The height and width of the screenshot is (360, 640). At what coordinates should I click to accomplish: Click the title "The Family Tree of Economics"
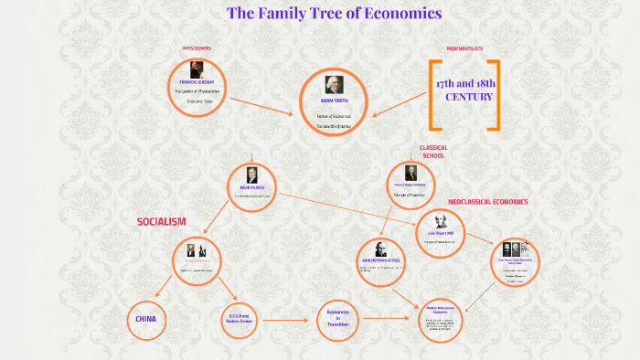pyautogui.click(x=334, y=14)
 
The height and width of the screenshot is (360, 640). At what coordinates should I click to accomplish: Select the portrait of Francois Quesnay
pyautogui.click(x=197, y=70)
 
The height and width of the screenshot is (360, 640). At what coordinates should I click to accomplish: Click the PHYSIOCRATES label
pyautogui.click(x=197, y=48)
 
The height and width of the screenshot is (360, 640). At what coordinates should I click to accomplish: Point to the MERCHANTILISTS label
pyautogui.click(x=464, y=48)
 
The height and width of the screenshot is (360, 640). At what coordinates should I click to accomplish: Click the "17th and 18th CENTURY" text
pyautogui.click(x=464, y=90)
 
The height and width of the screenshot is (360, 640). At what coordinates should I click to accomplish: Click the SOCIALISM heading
pyautogui.click(x=162, y=221)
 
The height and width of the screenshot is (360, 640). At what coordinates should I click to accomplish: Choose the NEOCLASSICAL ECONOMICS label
pyautogui.click(x=487, y=201)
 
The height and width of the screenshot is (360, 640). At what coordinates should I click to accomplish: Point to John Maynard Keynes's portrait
pyautogui.click(x=380, y=249)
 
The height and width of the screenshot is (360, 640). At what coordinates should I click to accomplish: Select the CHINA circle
pyautogui.click(x=146, y=319)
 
